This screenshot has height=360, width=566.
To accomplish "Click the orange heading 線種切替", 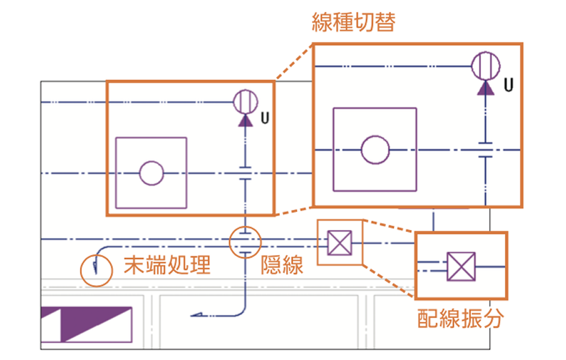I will pyautogui.click(x=353, y=23).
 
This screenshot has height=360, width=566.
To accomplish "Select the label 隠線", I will pyautogui.click(x=282, y=266).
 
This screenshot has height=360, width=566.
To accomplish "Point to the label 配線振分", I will pyautogui.click(x=461, y=318).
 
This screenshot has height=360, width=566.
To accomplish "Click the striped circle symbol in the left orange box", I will pyautogui.click(x=246, y=100).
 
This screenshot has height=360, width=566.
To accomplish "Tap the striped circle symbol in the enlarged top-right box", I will pyautogui.click(x=485, y=66).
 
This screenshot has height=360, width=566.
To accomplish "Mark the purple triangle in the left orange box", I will pyautogui.click(x=246, y=119).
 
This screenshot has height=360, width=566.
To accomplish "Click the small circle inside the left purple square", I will pyautogui.click(x=151, y=173).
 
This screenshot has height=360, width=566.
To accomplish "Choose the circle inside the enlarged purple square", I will pyautogui.click(x=375, y=150).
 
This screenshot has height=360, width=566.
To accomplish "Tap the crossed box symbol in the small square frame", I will pyautogui.click(x=340, y=242).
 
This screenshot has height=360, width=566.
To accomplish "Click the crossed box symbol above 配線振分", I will pyautogui.click(x=461, y=266).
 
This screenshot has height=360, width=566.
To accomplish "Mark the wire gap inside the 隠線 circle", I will pyautogui.click(x=245, y=241).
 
